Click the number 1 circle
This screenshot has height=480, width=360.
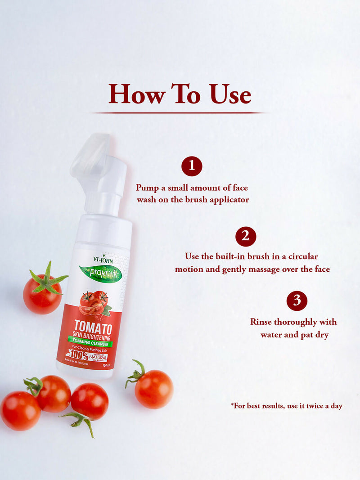coord(192,166)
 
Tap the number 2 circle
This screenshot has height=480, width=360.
coord(246,237)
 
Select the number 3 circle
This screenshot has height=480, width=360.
coord(297,301)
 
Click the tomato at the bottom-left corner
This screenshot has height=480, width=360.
coord(20,410)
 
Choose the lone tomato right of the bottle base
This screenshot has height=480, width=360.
coord(153,388)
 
